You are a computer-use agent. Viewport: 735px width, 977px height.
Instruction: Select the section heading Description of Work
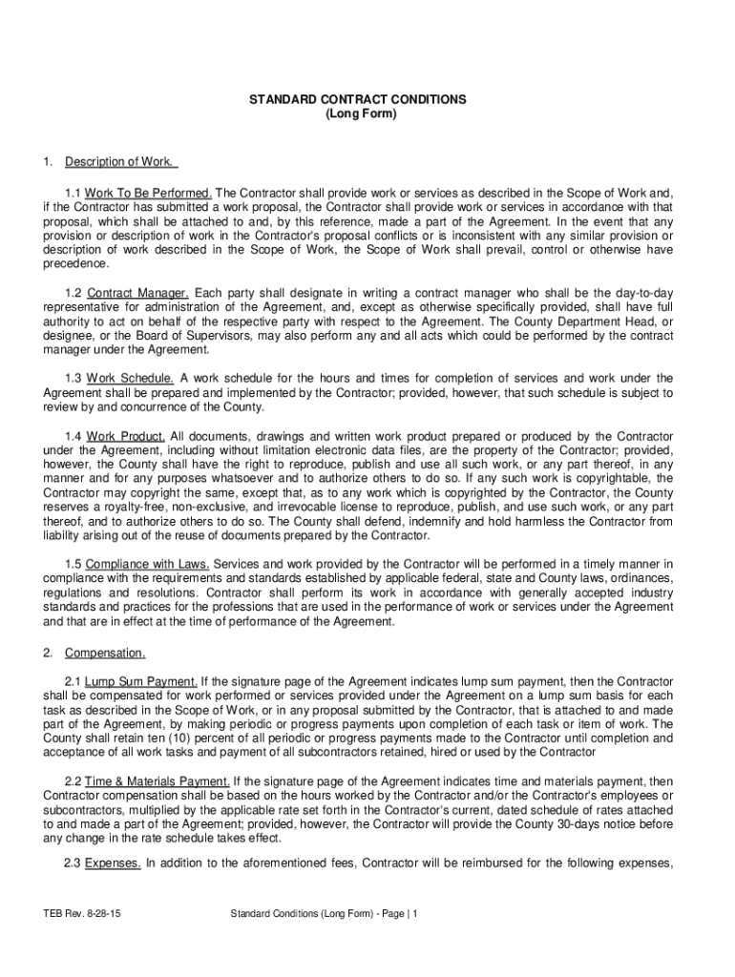pyautogui.click(x=119, y=160)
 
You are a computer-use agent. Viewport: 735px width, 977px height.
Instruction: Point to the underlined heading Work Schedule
pyautogui.click(x=130, y=378)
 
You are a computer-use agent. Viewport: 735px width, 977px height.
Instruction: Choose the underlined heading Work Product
pyautogui.click(x=125, y=436)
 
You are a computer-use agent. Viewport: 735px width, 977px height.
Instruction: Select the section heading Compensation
pyautogui.click(x=105, y=654)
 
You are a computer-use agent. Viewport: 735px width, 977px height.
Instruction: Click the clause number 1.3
pyautogui.click(x=73, y=378)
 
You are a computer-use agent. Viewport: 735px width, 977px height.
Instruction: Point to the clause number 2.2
pyautogui.click(x=73, y=781)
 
